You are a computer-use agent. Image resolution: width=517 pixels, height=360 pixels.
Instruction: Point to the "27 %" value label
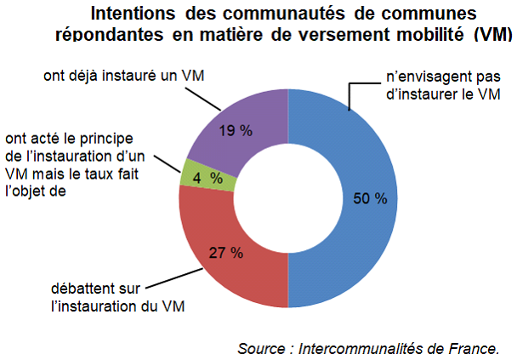click(x=225, y=253)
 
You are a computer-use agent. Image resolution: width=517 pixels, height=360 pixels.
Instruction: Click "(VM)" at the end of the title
click(x=491, y=34)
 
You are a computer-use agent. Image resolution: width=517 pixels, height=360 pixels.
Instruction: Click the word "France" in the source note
click(x=472, y=347)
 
